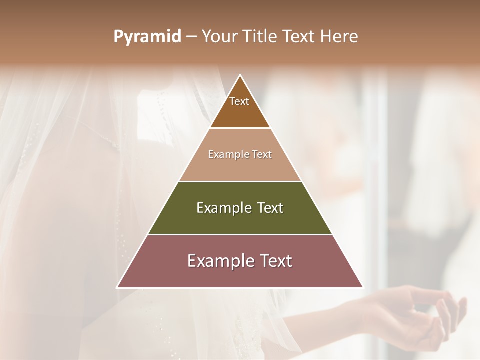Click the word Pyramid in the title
147,37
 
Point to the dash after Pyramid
191,37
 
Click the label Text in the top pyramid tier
239,101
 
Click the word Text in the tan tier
262,154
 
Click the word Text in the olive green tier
270,208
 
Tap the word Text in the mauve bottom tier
275,261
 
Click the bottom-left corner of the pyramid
117,287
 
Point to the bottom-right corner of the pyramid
363,287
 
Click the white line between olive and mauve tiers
240,234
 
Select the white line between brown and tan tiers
240,128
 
